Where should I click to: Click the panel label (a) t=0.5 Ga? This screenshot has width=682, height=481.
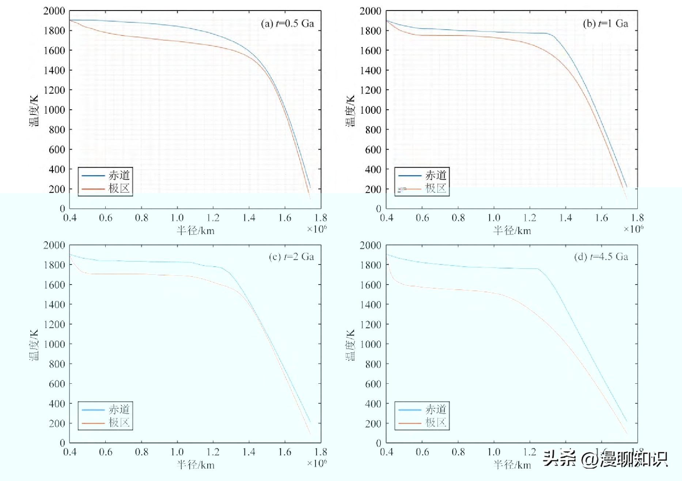287,24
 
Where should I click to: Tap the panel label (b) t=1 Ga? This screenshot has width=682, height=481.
605,24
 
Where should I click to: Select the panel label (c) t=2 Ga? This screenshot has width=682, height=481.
291,257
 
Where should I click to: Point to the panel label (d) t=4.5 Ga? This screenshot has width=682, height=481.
601,257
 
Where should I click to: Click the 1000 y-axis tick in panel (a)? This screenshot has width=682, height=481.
54,110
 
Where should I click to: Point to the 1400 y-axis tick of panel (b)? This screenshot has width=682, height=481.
371,70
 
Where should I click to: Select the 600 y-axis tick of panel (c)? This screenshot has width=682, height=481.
57,384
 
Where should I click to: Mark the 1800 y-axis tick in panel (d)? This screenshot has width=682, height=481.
371,265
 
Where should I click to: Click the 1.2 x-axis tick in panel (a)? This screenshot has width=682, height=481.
213,218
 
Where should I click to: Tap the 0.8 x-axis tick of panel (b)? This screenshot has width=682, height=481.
458,218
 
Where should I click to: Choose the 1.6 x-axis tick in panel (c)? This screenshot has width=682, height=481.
285,452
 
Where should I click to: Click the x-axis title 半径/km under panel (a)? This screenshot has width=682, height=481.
196,231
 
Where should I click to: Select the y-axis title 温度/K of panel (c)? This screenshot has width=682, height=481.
34,345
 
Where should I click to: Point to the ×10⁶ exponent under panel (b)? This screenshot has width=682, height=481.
633,229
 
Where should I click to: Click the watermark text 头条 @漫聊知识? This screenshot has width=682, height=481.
605,459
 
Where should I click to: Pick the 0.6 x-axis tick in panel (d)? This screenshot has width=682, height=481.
423,452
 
